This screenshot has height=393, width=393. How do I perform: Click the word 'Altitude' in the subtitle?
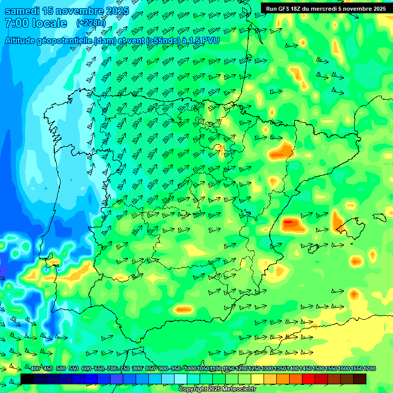[24, 40]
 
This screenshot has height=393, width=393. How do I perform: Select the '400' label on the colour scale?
[35, 369]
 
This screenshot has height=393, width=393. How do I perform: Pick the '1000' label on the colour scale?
[190, 369]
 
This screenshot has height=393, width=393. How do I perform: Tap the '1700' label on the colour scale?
[356, 369]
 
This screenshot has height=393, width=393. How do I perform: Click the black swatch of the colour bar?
[27, 379]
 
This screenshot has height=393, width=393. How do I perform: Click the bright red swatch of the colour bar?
[309, 379]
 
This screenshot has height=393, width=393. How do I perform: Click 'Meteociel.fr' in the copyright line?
[237, 389]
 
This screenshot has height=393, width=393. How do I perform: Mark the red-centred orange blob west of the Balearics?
[290, 223]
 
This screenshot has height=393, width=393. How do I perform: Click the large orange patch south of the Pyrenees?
[281, 151]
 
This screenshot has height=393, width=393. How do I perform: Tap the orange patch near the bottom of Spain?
[183, 309]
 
